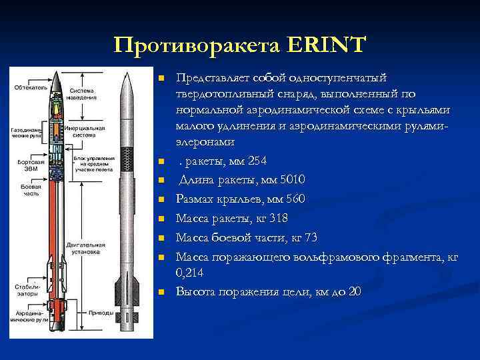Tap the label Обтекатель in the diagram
(27, 86)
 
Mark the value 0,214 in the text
(190, 273)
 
